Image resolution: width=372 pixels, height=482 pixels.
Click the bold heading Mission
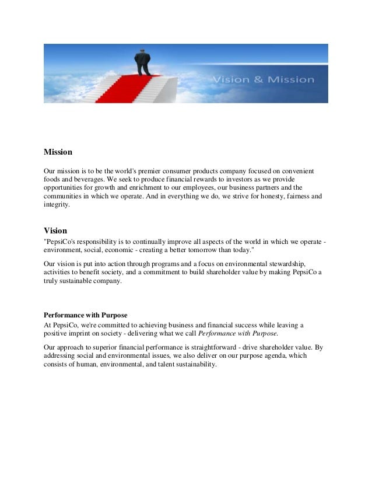coord(58,152)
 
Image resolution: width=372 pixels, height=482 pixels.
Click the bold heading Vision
coord(55,230)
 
